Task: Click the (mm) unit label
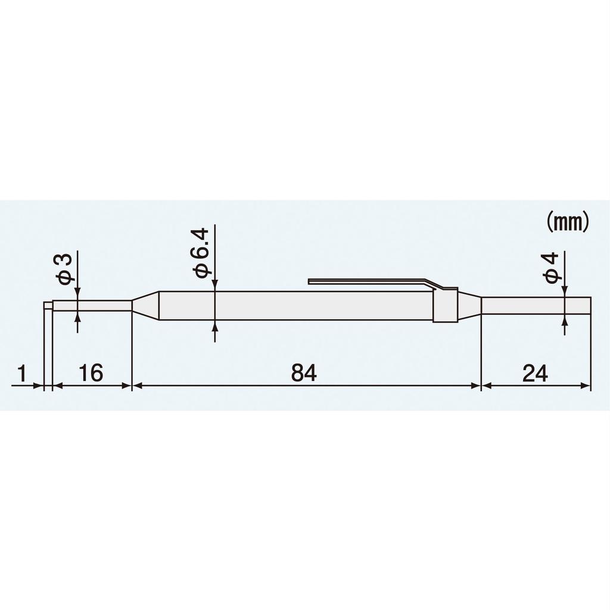coord(568,222)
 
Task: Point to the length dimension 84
coord(304,374)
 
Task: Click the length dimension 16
coord(91,374)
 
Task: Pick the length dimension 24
coord(535,374)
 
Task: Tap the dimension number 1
coord(21,374)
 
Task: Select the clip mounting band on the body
coord(445,306)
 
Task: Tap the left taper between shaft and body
coord(145,305)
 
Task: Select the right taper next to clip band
coord(469,305)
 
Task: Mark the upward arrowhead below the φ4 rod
coord(564,321)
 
